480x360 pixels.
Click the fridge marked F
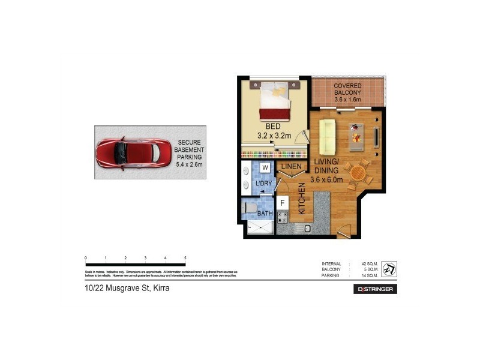[282, 203]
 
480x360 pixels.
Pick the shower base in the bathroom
[260, 227]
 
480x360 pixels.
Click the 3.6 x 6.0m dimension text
[326, 179]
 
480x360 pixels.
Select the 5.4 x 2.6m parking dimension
[190, 164]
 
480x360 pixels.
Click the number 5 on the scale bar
[185, 257]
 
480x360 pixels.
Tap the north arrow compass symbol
[389, 269]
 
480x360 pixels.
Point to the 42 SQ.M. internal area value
[368, 264]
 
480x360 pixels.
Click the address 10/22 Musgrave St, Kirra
[127, 289]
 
